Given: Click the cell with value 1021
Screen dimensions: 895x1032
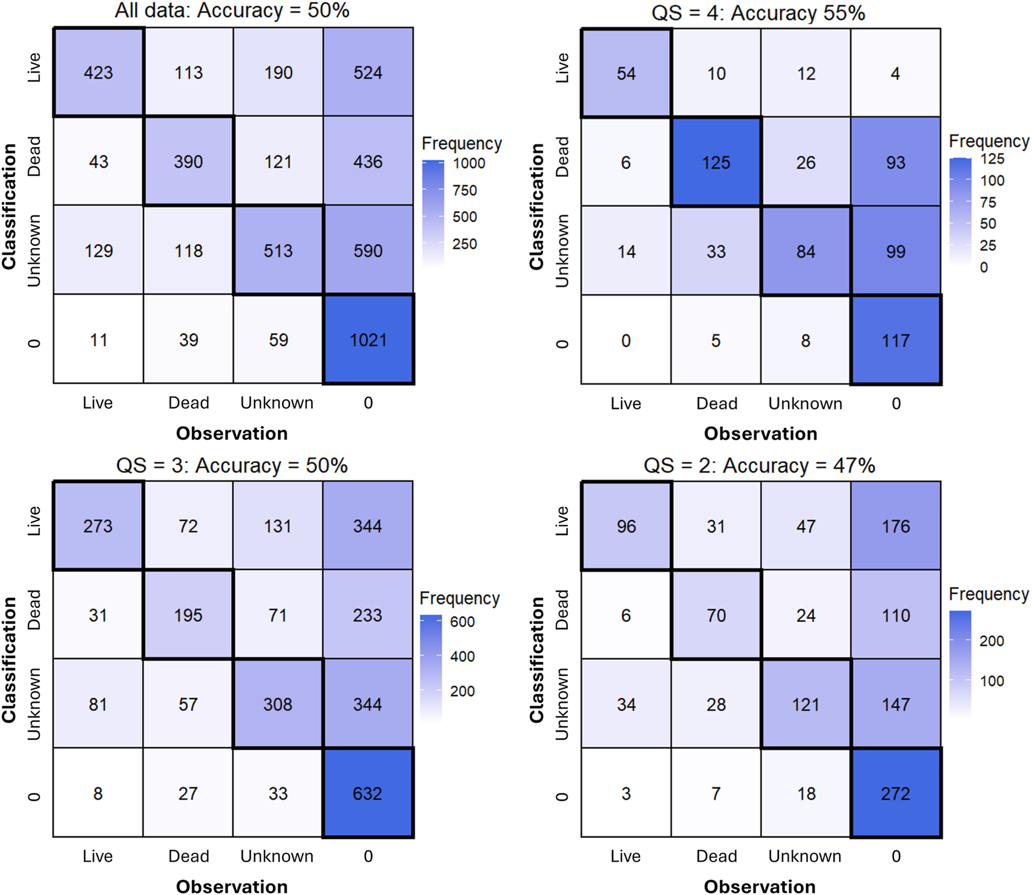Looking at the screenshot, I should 368,339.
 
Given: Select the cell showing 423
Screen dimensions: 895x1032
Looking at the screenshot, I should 98,73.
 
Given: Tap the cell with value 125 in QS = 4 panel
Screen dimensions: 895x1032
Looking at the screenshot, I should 716,162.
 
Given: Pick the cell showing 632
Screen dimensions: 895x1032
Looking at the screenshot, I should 367,793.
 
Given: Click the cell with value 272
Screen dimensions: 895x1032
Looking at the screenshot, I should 896,793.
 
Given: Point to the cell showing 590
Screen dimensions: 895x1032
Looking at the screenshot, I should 368,251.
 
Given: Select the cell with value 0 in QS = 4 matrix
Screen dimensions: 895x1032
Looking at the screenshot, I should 626,341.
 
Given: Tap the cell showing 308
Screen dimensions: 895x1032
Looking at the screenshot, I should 278,704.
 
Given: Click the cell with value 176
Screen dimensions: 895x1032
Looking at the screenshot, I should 896,526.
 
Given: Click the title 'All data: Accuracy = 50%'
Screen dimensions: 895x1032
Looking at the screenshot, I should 232,11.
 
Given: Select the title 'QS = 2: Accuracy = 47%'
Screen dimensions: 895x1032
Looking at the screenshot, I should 759,465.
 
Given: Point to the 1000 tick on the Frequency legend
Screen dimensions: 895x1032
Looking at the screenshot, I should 468,163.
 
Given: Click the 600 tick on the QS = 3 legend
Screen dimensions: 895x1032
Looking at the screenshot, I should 462,621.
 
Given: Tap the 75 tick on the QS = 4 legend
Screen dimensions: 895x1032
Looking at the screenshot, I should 988,202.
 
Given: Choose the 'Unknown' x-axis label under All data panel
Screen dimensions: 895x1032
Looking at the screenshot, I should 277,403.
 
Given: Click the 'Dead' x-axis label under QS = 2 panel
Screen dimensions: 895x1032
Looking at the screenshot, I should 716,856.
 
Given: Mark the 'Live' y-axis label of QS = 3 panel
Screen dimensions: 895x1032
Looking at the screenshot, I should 34,522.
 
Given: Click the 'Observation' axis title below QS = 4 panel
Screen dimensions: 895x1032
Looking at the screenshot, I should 760,433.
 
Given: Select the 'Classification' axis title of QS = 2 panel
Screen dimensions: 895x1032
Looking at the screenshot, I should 536,660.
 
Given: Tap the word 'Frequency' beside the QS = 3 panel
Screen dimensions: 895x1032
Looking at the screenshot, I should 459,598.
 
